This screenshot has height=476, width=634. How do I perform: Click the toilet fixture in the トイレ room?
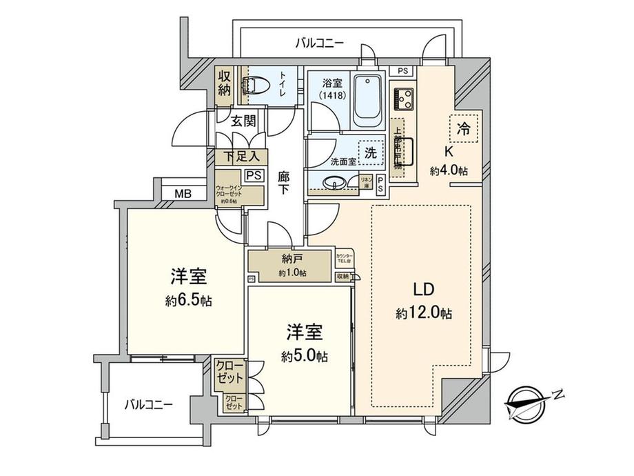(253, 86)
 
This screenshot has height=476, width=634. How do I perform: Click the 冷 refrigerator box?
(464, 127)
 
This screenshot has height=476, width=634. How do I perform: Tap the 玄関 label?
(243, 121)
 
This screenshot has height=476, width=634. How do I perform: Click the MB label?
(182, 194)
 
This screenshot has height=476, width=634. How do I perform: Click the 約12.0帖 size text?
(424, 313)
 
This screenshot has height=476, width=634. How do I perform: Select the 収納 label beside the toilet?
(225, 83)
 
